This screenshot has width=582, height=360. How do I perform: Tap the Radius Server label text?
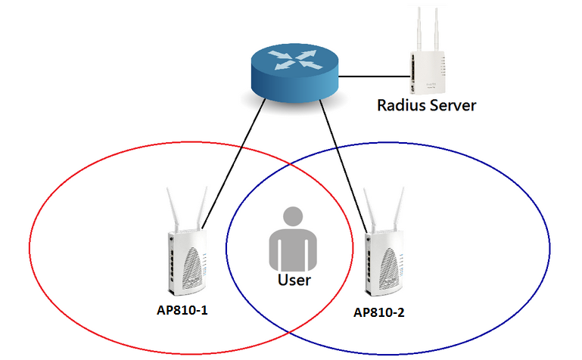[x=426, y=105]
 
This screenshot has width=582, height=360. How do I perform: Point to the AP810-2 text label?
[x=378, y=312]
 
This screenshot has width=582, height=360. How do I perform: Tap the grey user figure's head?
[x=290, y=221]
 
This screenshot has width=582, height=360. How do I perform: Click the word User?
[x=294, y=281]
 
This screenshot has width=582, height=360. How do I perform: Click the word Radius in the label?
[x=399, y=105]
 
